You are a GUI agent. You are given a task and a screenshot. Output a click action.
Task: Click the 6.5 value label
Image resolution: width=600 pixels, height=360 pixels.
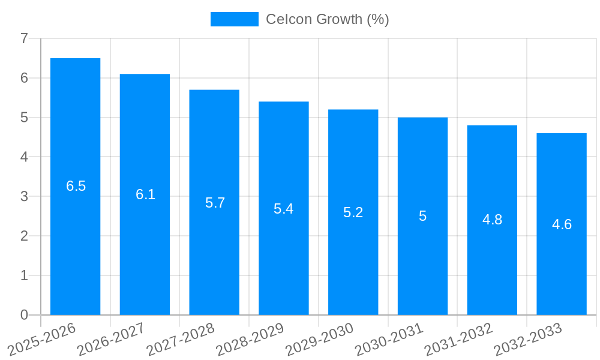click(76, 186)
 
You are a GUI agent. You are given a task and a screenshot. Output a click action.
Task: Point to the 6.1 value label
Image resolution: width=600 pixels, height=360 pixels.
click(145, 194)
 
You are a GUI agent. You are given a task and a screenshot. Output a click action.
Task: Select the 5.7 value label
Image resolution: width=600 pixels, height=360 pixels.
click(215, 203)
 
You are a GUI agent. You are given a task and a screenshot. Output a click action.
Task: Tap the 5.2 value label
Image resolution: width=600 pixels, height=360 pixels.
click(353, 212)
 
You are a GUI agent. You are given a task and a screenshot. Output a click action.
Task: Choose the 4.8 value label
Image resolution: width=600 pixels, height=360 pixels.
click(492, 220)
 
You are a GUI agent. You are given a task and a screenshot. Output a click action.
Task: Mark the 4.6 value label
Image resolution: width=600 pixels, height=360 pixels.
click(562, 224)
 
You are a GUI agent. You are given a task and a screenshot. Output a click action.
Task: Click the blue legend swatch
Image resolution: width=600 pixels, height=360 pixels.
click(234, 19)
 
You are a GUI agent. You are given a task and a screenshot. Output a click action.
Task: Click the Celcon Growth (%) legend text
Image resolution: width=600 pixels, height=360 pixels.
click(328, 19)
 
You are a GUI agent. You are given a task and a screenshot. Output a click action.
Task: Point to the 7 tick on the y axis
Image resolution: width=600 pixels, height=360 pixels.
click(24, 38)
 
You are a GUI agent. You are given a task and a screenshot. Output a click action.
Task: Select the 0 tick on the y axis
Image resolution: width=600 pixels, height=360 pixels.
click(24, 315)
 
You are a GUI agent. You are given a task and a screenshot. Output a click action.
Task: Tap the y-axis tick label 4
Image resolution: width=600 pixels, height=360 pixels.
click(24, 157)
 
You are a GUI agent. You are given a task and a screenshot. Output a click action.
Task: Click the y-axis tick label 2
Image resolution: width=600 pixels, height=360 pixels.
click(24, 236)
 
